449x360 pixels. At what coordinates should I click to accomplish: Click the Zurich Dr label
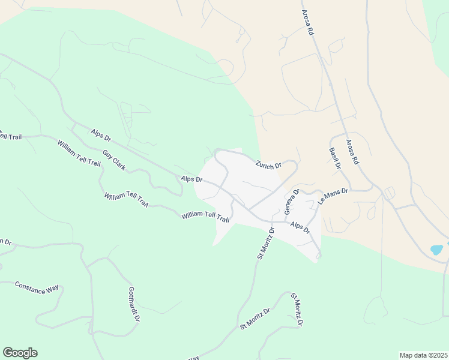coord(268,165)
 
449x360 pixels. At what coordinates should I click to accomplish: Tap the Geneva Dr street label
coord(291,202)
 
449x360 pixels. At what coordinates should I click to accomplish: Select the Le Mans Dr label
coord(333,196)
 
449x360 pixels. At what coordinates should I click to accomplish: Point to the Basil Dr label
coord(335,158)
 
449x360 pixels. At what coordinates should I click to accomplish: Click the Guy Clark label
coord(113,160)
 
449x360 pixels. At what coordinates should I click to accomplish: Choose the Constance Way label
coord(37,287)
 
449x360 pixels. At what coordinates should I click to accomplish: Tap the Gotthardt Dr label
coord(134,304)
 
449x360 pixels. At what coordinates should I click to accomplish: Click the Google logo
coord(20,353)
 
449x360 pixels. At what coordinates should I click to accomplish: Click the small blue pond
coord(436,249)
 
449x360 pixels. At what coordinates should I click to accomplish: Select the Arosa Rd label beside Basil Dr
coord(352,152)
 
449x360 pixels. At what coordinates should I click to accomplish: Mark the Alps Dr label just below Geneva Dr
coord(300,227)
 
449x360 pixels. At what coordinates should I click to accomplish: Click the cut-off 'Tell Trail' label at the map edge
coord(11,137)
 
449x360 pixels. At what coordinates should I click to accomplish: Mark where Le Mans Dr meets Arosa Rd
coord(379,190)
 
